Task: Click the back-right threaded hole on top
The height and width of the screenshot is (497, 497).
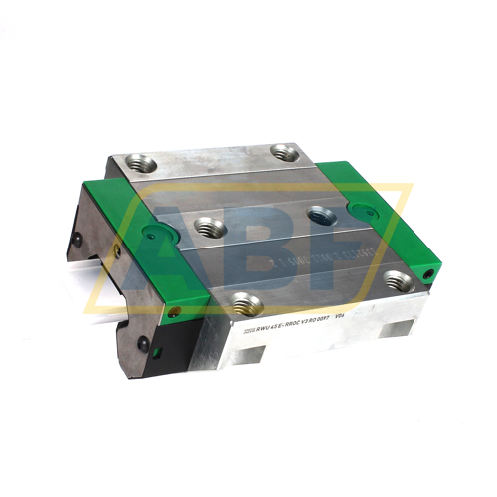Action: pos(287,152)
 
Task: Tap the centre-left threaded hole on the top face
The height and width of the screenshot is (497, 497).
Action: pos(207,227)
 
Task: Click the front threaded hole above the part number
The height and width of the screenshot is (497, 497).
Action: pos(244,304)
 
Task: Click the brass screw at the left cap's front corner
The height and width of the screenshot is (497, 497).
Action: pos(175,311)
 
